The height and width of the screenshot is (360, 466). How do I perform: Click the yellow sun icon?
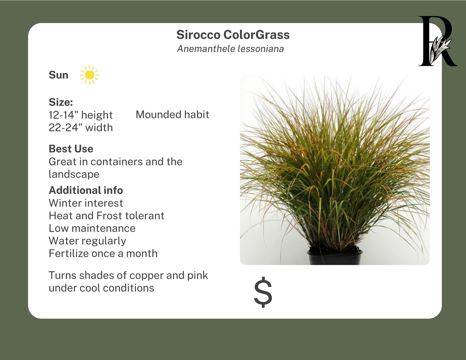point(89,75)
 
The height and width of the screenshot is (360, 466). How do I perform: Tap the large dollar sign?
point(263,292)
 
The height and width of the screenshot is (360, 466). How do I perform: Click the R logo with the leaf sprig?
point(438,41)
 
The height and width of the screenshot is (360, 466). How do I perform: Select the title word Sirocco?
point(198,35)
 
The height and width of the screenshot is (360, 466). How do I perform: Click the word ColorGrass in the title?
point(256,35)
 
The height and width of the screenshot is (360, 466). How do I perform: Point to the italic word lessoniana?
point(261,49)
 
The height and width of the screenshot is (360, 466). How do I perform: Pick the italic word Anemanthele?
point(206,49)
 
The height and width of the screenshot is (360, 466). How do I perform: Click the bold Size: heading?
point(61,102)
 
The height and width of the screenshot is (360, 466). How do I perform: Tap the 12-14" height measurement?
point(81,115)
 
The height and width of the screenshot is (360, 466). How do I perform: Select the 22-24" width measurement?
point(81,127)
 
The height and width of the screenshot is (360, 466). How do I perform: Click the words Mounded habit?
point(173,115)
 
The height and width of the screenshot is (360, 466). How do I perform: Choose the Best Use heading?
point(71,149)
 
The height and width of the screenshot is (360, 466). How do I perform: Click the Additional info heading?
point(86,190)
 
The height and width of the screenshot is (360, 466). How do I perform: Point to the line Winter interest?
point(86,203)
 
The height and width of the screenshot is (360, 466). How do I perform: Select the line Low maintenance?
point(92,228)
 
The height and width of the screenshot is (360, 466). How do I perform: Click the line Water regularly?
point(87,241)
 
